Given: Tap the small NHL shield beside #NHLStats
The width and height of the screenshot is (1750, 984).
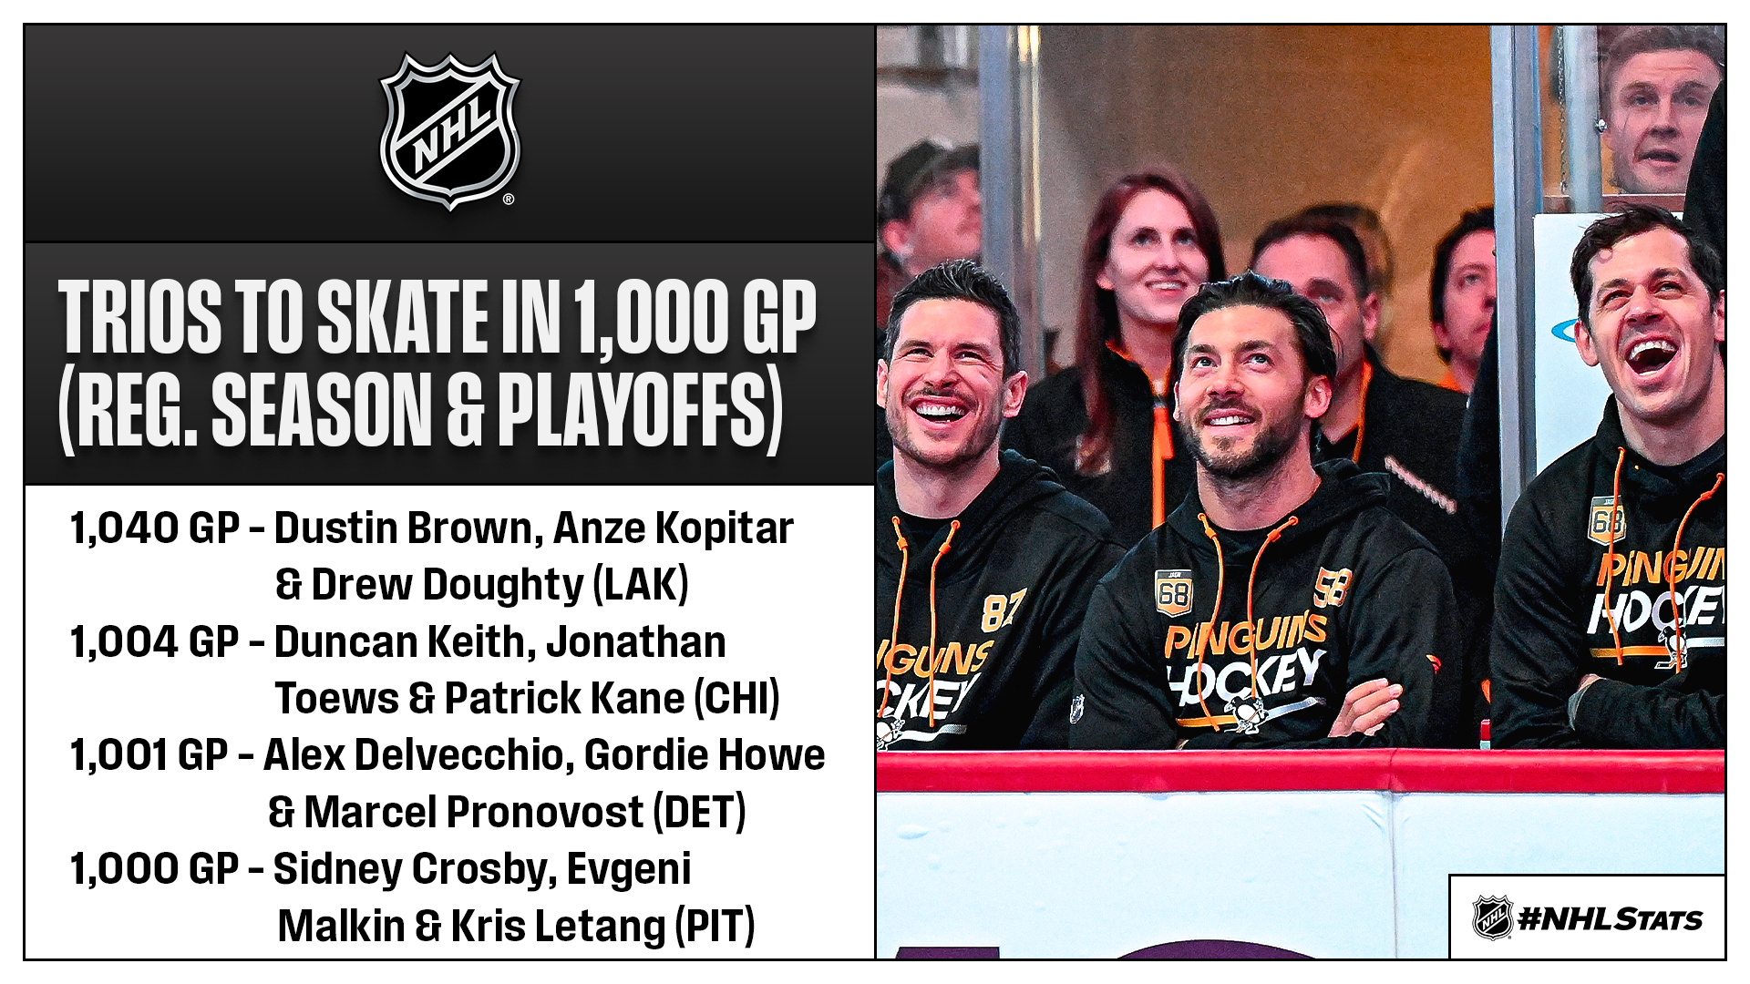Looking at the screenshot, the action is (1492, 917).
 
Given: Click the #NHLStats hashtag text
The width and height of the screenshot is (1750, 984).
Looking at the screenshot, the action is (1611, 918).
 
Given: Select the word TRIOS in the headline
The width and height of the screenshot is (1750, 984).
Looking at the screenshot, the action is (139, 317).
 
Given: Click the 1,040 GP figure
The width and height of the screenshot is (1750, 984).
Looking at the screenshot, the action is (155, 528).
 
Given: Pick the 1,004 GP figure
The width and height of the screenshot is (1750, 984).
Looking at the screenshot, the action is (155, 642).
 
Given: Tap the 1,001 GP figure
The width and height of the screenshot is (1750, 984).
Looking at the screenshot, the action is (149, 755).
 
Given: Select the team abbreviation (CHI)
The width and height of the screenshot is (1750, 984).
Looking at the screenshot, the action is (736, 699).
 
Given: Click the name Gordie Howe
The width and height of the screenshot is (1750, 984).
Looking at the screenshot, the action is (705, 755).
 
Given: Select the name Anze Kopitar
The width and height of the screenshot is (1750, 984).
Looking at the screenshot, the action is (674, 529).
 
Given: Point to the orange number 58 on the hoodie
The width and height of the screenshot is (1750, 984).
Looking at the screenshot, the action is (1333, 587).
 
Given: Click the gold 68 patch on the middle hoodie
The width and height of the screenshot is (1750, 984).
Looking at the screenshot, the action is (1173, 592).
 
